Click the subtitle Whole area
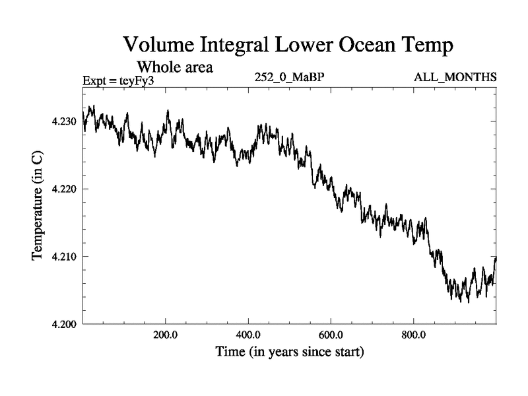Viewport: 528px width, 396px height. tap(174, 67)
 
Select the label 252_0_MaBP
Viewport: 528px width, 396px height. tap(289, 77)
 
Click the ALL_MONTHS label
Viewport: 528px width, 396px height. tap(455, 77)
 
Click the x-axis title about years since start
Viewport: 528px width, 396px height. tap(290, 352)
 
